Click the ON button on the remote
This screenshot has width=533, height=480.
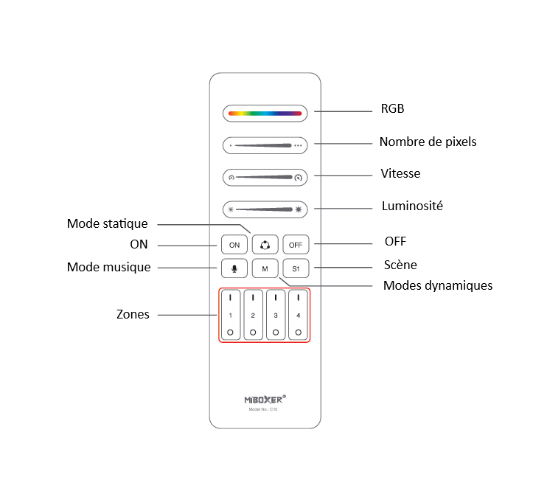(234, 244)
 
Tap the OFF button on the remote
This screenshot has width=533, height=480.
(296, 244)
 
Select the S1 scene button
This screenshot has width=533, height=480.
(296, 268)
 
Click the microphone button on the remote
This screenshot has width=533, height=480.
(234, 268)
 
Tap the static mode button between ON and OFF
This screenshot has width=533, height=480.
(265, 244)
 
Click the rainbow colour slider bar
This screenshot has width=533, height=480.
(265, 114)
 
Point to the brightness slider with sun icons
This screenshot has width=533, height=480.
(265, 209)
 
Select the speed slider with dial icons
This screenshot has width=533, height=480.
(265, 178)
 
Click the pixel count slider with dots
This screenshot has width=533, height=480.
(265, 146)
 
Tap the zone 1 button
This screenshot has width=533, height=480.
(230, 316)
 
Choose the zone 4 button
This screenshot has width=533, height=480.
(299, 316)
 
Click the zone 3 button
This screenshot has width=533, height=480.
(276, 316)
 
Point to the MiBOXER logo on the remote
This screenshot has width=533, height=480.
(265, 399)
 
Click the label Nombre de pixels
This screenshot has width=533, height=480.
(428, 142)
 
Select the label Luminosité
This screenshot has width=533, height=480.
(412, 206)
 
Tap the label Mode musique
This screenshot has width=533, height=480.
(108, 268)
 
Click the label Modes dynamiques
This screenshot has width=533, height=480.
(438, 285)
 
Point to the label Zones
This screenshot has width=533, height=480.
(133, 315)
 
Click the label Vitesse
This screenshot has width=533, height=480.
(401, 173)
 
